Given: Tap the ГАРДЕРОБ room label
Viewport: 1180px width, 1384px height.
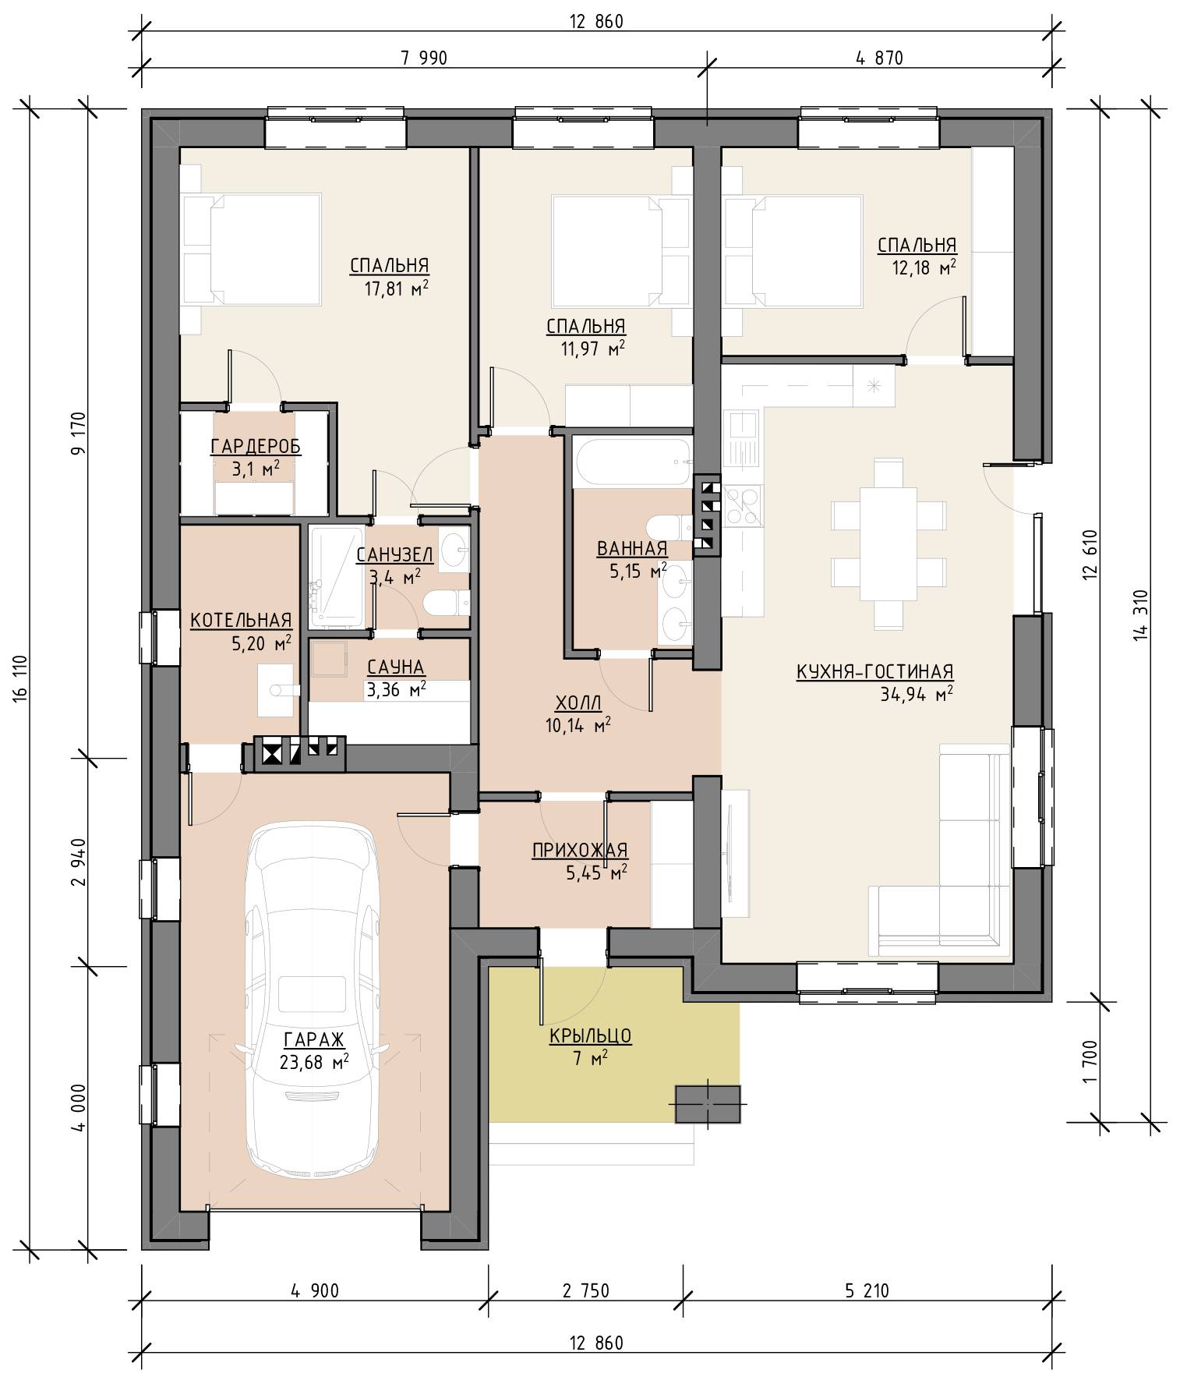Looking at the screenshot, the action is click(x=256, y=447).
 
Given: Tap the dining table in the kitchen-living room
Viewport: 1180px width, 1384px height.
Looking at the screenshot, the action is click(x=888, y=543).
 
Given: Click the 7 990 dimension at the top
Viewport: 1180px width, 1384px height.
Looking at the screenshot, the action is click(x=424, y=58).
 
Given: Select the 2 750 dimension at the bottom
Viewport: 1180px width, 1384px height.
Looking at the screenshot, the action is click(x=585, y=1291).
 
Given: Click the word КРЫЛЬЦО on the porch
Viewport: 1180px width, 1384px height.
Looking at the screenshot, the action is click(x=590, y=1035).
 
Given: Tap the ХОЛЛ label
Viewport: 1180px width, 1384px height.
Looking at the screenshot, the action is click(x=578, y=703).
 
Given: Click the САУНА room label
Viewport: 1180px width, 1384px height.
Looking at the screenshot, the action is click(x=396, y=667).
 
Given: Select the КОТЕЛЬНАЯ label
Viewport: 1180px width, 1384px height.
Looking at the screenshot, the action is click(x=241, y=621).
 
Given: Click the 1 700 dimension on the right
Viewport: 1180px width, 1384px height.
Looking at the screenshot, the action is click(x=1090, y=1061).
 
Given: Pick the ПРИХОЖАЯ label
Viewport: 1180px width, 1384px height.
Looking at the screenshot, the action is click(x=580, y=851).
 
